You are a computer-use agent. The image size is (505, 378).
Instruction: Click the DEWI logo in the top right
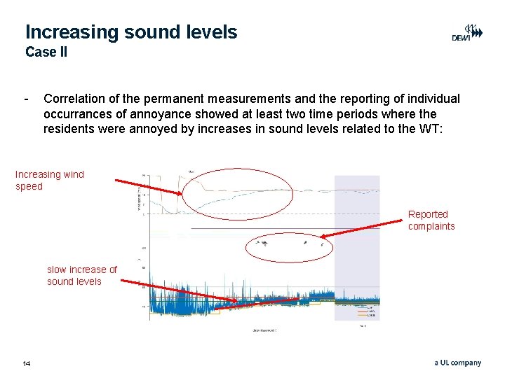click(x=466, y=34)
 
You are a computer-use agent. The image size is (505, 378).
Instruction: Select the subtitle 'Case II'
click(x=46, y=52)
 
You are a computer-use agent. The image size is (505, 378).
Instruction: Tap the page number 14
click(x=27, y=363)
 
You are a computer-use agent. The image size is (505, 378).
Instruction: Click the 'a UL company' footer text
click(x=457, y=363)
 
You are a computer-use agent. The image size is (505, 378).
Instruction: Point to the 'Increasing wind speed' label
click(x=49, y=181)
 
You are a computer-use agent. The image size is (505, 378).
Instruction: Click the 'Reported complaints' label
click(x=431, y=220)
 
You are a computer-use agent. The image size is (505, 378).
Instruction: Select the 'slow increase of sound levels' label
click(x=81, y=275)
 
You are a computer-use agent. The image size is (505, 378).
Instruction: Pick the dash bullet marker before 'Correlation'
click(x=26, y=99)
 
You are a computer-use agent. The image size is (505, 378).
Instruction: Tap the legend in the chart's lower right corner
click(x=365, y=311)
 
